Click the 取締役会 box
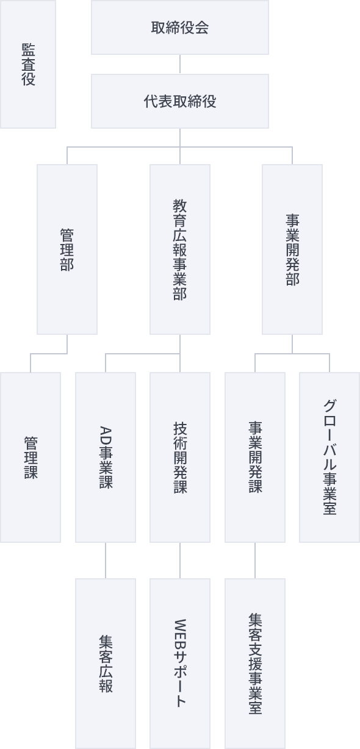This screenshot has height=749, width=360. click(180, 27)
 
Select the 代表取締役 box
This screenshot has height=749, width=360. click(180, 101)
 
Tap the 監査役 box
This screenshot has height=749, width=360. click(28, 64)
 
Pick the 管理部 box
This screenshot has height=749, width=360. click(67, 249)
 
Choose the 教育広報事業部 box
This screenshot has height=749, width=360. click(180, 249)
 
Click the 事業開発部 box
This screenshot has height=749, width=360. click(292, 249)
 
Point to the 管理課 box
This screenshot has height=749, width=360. click(31, 457)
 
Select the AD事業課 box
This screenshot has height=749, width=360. click(106, 457)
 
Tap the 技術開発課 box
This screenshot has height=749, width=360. click(180, 457)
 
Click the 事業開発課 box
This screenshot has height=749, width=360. click(255, 457)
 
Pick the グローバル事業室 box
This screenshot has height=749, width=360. click(329, 457)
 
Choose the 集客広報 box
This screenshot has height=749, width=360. click(106, 664)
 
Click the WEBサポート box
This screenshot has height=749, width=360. click(180, 664)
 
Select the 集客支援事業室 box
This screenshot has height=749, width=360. click(255, 664)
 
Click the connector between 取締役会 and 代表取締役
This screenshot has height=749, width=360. click(180, 64)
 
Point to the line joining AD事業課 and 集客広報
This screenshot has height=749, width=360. click(106, 561)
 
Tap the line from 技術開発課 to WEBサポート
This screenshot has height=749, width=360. click(180, 561)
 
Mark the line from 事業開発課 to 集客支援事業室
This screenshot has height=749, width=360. click(255, 561)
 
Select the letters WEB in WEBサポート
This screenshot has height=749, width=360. click(180, 633)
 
